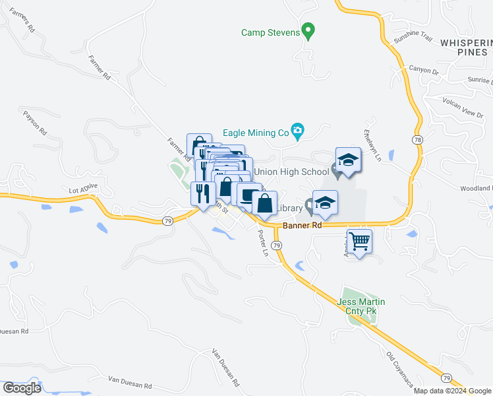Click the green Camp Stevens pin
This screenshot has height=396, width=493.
[x=307, y=31]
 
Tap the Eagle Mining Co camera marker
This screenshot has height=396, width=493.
[x=298, y=132]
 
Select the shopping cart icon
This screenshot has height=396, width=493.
[x=359, y=242]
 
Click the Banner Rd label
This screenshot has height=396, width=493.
[x=303, y=225]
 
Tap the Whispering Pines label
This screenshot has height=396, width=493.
[x=466, y=48]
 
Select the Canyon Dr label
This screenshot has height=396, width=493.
[x=423, y=70]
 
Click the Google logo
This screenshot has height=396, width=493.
[x=22, y=387]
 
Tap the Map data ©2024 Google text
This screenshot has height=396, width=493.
[x=451, y=391]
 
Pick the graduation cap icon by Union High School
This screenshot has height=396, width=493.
[x=348, y=160]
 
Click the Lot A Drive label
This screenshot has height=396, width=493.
[x=83, y=189]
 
